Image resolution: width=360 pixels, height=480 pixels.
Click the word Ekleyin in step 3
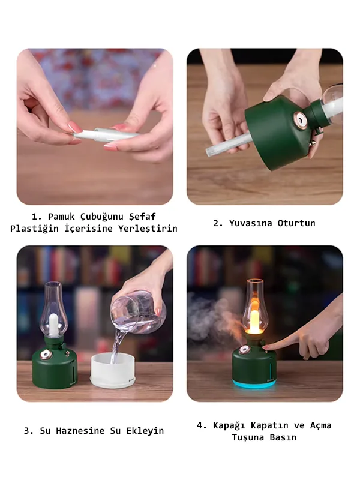(143, 431)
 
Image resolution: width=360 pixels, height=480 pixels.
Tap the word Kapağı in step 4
(231, 425)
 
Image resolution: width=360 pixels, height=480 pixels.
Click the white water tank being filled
(110, 371)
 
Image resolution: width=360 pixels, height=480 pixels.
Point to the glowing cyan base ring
(254, 383)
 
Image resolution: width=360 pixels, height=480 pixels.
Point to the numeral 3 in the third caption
(26, 431)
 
